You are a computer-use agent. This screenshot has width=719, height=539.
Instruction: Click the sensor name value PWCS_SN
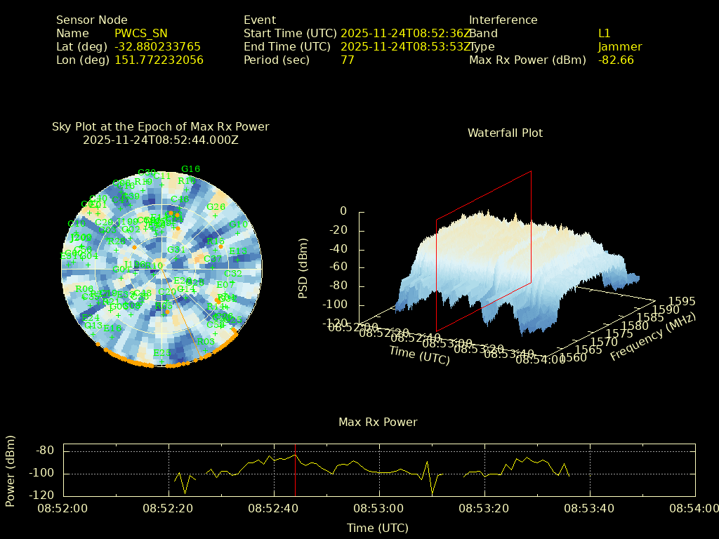142,34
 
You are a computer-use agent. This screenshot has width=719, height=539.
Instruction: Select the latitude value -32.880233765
157,47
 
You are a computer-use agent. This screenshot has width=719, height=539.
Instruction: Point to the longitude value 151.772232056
159,60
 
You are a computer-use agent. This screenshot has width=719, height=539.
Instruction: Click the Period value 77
348,60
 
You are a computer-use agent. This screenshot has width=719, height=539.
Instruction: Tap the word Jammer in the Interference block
620,47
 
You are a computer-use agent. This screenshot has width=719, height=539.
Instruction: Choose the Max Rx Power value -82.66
616,60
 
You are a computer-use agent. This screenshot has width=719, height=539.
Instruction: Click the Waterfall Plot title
505,133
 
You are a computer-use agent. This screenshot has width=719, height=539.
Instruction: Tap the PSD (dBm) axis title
303,267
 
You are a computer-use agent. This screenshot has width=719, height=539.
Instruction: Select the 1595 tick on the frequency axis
682,301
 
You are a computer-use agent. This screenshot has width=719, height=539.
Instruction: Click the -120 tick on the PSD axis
334,324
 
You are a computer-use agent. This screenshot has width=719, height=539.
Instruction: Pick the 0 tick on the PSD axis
343,211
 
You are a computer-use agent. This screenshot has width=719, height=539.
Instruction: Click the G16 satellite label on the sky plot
190,169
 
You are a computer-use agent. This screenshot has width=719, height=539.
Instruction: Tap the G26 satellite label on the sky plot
216,207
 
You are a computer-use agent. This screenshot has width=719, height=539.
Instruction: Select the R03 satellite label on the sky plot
205,342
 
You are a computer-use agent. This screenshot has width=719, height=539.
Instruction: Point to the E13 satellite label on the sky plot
238,251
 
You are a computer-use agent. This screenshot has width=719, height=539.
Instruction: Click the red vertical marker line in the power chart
296,470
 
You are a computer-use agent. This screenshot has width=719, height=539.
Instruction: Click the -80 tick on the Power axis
46,451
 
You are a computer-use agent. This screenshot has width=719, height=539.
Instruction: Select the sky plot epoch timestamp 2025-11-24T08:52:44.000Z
161,140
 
